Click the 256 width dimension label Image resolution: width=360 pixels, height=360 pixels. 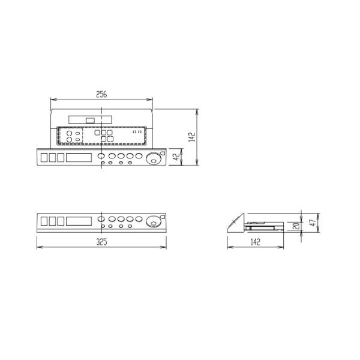pyautogui.click(x=101, y=94)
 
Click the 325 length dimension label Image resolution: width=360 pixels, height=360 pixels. pyautogui.click(x=101, y=242)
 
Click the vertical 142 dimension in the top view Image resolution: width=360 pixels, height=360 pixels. pyautogui.click(x=191, y=137)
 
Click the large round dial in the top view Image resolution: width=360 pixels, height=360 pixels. pyautogui.click(x=155, y=159)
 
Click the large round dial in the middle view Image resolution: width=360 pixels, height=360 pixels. pyautogui.click(x=155, y=221)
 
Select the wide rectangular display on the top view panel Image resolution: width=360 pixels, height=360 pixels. pyautogui.click(x=79, y=157)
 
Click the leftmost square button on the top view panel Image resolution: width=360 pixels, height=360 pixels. pyautogui.click(x=44, y=157)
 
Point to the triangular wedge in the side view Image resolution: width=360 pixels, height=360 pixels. pyautogui.click(x=236, y=224)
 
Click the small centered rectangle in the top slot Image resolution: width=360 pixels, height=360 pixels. pyautogui.click(x=90, y=120)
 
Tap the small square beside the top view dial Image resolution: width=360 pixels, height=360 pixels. pyautogui.click(x=163, y=152)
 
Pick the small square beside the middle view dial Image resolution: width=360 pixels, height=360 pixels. pyautogui.click(x=163, y=215)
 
